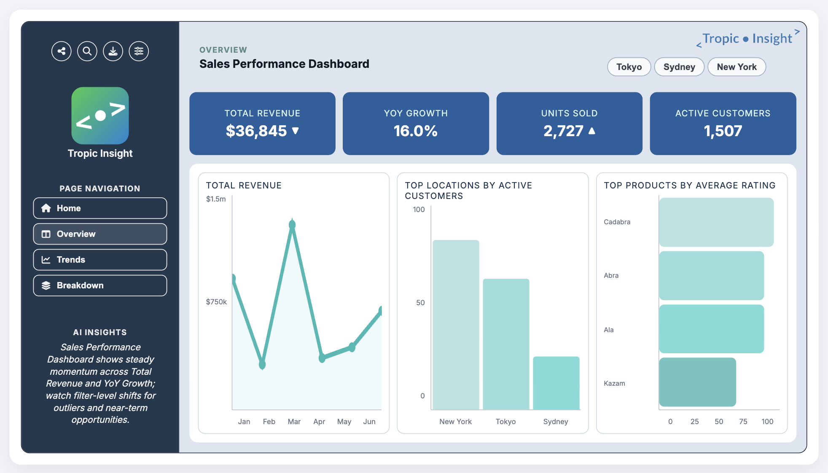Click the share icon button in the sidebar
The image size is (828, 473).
coord(62,51)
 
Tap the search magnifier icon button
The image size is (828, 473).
coord(87,51)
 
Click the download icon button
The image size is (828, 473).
coord(113,51)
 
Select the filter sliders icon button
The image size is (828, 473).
coord(139,51)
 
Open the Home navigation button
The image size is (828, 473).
coord(100,208)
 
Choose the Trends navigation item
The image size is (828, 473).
coord(100,260)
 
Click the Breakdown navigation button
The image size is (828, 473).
coord(100,285)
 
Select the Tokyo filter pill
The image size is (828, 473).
coord(629,67)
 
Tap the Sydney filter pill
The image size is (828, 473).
coord(679,67)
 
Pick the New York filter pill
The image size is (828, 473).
coord(736,67)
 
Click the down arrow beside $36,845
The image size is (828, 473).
coord(296,131)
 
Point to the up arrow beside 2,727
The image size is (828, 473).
coord(592,131)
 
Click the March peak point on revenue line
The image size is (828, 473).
coord(292,225)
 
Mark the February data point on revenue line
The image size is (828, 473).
coord(262,364)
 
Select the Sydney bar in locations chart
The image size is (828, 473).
coord(556,383)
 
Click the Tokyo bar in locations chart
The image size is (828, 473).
coord(505,344)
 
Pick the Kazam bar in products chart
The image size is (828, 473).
coord(697,382)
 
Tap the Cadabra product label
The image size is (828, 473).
coord(617,222)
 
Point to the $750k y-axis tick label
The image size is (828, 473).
coord(216,302)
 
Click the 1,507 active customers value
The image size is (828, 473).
coord(723,131)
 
